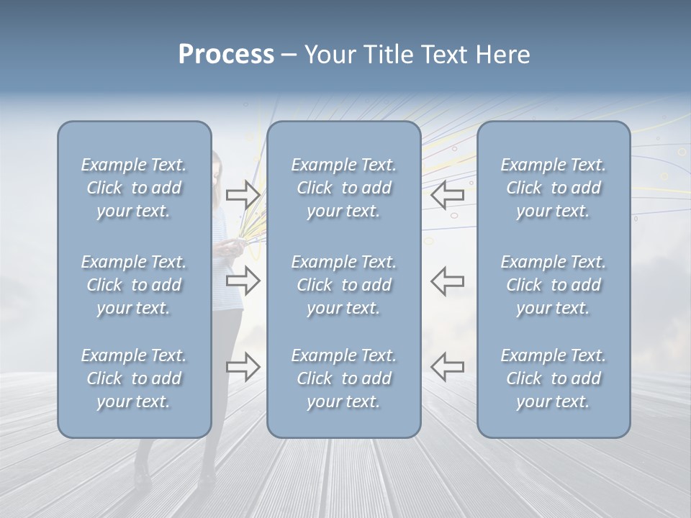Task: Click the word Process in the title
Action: point(226,55)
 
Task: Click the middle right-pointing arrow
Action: point(243,281)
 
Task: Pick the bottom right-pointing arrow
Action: point(243,367)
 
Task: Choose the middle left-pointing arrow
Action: point(448,281)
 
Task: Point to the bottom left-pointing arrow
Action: point(448,367)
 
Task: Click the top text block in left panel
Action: point(134,188)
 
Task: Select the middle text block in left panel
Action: point(134,285)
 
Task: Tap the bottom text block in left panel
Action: point(134,378)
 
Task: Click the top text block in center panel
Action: point(343,188)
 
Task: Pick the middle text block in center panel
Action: point(343,285)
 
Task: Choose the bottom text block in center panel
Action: point(343,378)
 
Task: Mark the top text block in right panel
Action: point(553,188)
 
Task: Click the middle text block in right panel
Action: point(553,285)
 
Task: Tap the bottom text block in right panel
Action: point(553,378)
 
